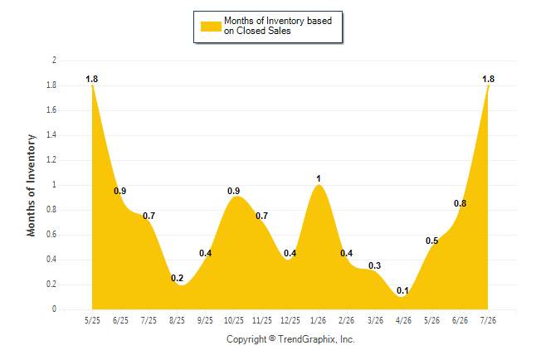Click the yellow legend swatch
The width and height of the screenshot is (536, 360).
(x=211, y=27)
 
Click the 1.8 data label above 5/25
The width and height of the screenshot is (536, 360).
(x=91, y=79)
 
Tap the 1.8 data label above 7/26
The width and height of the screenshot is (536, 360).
(x=488, y=79)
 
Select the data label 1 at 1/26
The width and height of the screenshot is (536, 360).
(x=319, y=178)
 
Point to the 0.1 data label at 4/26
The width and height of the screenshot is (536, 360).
(x=402, y=290)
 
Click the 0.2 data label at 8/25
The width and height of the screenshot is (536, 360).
(x=177, y=278)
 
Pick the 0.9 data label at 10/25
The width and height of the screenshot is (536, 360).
(x=233, y=191)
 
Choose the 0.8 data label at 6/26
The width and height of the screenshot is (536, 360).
(x=460, y=203)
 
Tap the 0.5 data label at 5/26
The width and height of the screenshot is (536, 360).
(x=431, y=241)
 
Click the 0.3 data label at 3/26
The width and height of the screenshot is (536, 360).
(x=375, y=265)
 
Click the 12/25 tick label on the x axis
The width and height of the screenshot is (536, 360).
(x=290, y=320)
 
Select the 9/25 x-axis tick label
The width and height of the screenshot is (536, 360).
(x=205, y=320)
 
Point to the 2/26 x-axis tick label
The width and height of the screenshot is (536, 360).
(x=346, y=320)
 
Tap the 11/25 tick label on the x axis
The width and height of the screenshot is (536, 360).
(x=262, y=320)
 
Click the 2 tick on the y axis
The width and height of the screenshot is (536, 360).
(x=54, y=61)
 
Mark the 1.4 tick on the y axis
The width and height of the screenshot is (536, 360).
(x=51, y=135)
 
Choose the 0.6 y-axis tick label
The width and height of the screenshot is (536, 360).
(x=51, y=235)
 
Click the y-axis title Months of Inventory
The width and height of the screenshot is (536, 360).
(x=31, y=185)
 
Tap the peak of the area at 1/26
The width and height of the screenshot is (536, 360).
(x=319, y=185)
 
